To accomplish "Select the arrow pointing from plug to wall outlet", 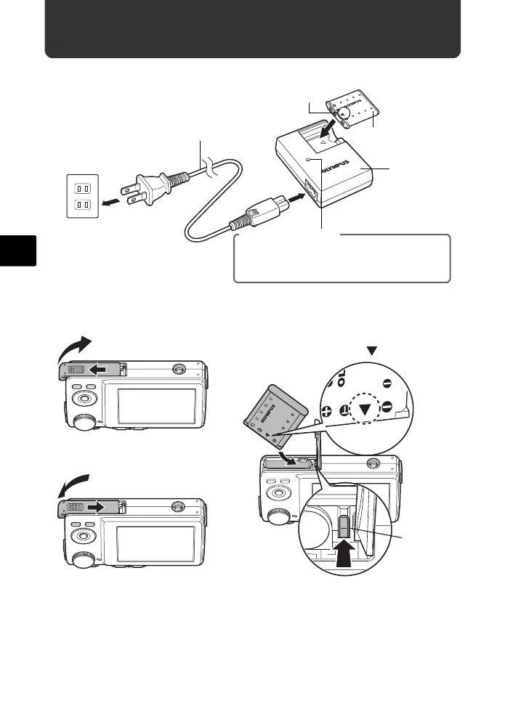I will click(113, 201).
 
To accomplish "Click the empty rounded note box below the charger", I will click(342, 259).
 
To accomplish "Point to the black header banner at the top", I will click(252, 29).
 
